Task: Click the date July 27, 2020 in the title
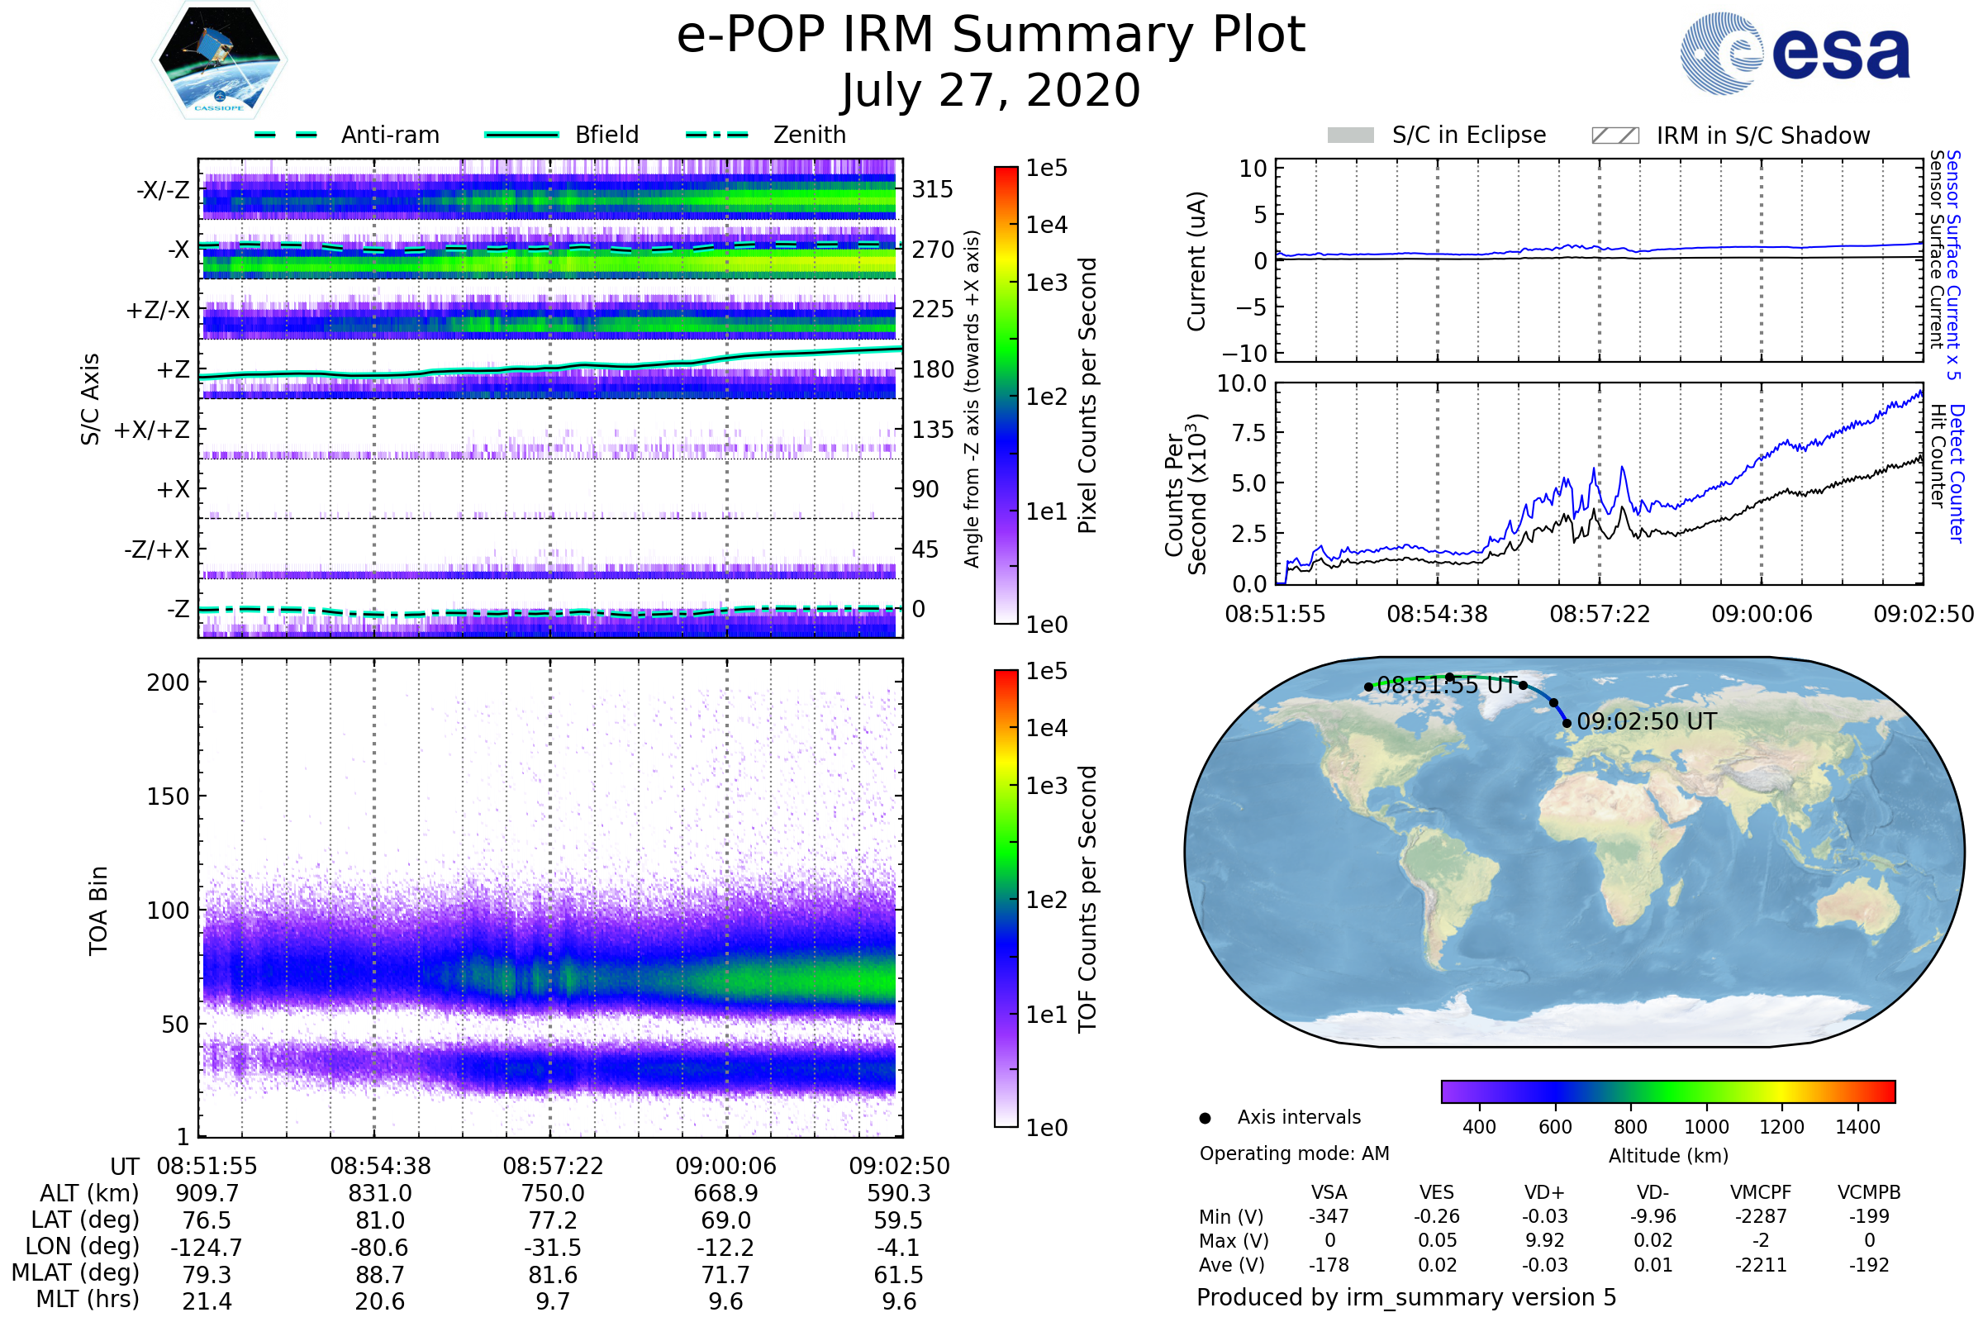(x=991, y=90)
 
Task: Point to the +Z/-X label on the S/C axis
(x=158, y=311)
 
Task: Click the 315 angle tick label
(x=932, y=189)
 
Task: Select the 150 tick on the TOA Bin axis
(x=168, y=797)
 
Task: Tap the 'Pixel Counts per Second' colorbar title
(x=1087, y=396)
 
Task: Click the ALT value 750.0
(x=552, y=1193)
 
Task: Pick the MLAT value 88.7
(x=379, y=1274)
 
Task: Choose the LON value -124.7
(x=207, y=1247)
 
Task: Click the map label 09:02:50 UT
(x=1646, y=721)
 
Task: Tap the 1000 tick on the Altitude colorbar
(x=1705, y=1127)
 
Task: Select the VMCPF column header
(x=1761, y=1192)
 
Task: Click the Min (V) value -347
(x=1329, y=1216)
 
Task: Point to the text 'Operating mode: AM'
(x=1294, y=1153)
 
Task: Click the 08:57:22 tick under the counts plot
(x=1600, y=614)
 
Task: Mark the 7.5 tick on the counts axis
(x=1248, y=433)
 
